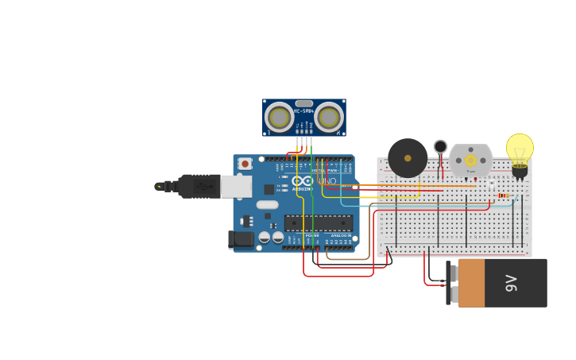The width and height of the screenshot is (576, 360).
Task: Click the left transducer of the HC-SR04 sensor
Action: click(x=279, y=118)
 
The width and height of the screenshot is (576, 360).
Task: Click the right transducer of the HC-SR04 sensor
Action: click(x=329, y=118)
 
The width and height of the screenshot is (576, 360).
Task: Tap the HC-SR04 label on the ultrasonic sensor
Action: click(x=303, y=110)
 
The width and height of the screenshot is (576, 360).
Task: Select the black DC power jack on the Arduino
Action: click(x=241, y=239)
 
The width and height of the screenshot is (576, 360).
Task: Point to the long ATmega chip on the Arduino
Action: click(x=318, y=223)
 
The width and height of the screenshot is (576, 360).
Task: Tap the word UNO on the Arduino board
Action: click(x=327, y=181)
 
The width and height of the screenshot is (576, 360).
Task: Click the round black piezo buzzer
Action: click(x=408, y=157)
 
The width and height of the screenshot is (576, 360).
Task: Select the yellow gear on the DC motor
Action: click(x=470, y=160)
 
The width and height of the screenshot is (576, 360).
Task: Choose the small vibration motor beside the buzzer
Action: click(x=440, y=147)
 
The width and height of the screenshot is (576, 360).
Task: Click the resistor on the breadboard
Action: click(x=504, y=195)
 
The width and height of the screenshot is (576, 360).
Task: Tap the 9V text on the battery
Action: click(x=511, y=283)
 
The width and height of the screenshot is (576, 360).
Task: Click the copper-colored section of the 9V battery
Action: click(x=471, y=283)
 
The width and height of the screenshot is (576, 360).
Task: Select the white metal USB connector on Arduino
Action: click(x=236, y=187)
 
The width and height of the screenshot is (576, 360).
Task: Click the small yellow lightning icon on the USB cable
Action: click(x=160, y=187)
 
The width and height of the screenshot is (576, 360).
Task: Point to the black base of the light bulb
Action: click(x=520, y=170)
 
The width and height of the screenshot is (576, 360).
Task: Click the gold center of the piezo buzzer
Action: click(x=408, y=157)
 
